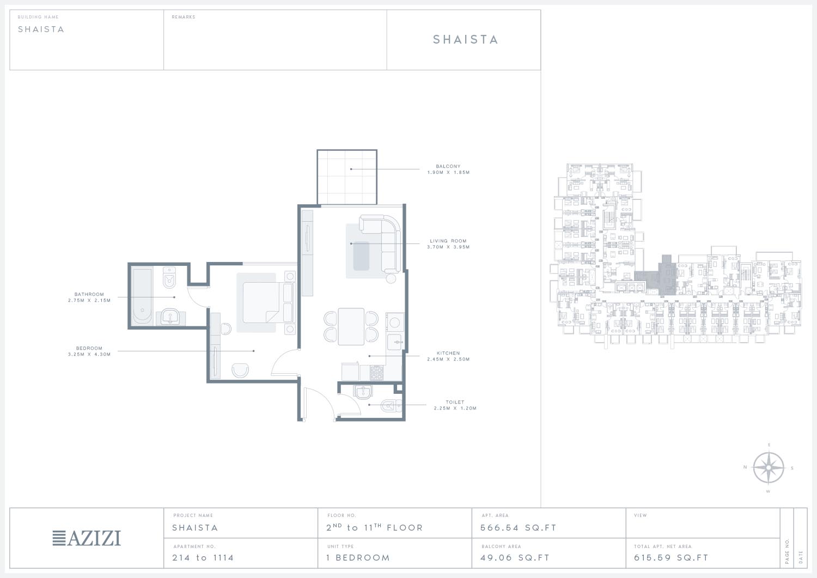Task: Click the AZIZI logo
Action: pyautogui.click(x=87, y=538)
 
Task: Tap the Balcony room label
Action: pyautogui.click(x=448, y=166)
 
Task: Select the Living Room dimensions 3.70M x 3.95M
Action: pyautogui.click(x=448, y=247)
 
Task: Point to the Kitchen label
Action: pyautogui.click(x=448, y=353)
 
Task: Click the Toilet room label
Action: pyautogui.click(x=455, y=402)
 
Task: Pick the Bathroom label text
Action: pyautogui.click(x=89, y=294)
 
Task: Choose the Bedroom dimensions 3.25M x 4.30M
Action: pyautogui.click(x=89, y=354)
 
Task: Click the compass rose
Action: pyautogui.click(x=769, y=467)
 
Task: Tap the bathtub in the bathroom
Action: pyautogui.click(x=142, y=297)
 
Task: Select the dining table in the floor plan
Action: pyautogui.click(x=351, y=326)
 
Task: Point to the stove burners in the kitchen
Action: pyautogui.click(x=377, y=373)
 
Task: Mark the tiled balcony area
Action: pyautogui.click(x=347, y=177)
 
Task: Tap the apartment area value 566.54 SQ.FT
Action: pyautogui.click(x=519, y=528)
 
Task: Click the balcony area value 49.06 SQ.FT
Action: pyautogui.click(x=515, y=557)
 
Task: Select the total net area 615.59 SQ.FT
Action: pyautogui.click(x=671, y=557)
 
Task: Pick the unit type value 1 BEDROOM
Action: pyautogui.click(x=358, y=557)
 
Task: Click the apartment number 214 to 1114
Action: pyautogui.click(x=203, y=557)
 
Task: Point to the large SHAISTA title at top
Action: pyautogui.click(x=465, y=39)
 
